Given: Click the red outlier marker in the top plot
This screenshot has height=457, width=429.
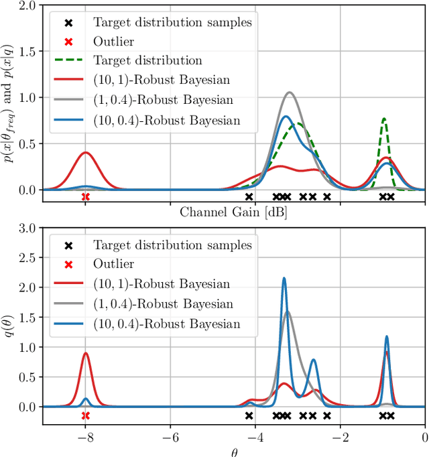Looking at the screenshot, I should point(85,196).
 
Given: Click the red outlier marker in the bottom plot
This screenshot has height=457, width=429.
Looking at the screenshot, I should point(85,415).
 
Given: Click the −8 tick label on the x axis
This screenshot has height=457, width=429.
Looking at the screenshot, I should point(85,437).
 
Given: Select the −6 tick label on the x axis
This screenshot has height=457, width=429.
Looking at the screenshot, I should point(170,437).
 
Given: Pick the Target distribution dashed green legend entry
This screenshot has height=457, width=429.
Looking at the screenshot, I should point(147,60).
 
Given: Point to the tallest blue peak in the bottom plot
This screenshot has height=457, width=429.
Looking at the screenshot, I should point(284,278).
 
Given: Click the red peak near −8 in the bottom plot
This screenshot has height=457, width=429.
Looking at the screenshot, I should point(85,353).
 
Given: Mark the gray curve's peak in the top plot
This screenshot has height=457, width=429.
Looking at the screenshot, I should point(290,92).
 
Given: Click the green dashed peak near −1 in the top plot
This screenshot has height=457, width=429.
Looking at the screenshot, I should point(384,119).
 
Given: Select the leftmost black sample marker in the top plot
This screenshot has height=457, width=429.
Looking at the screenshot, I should point(249,196).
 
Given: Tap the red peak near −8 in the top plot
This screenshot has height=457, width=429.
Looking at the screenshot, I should point(85,152).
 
